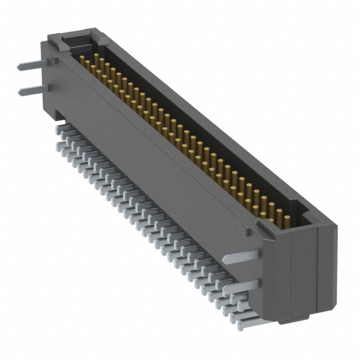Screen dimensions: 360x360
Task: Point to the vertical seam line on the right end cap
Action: [x=318, y=270]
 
